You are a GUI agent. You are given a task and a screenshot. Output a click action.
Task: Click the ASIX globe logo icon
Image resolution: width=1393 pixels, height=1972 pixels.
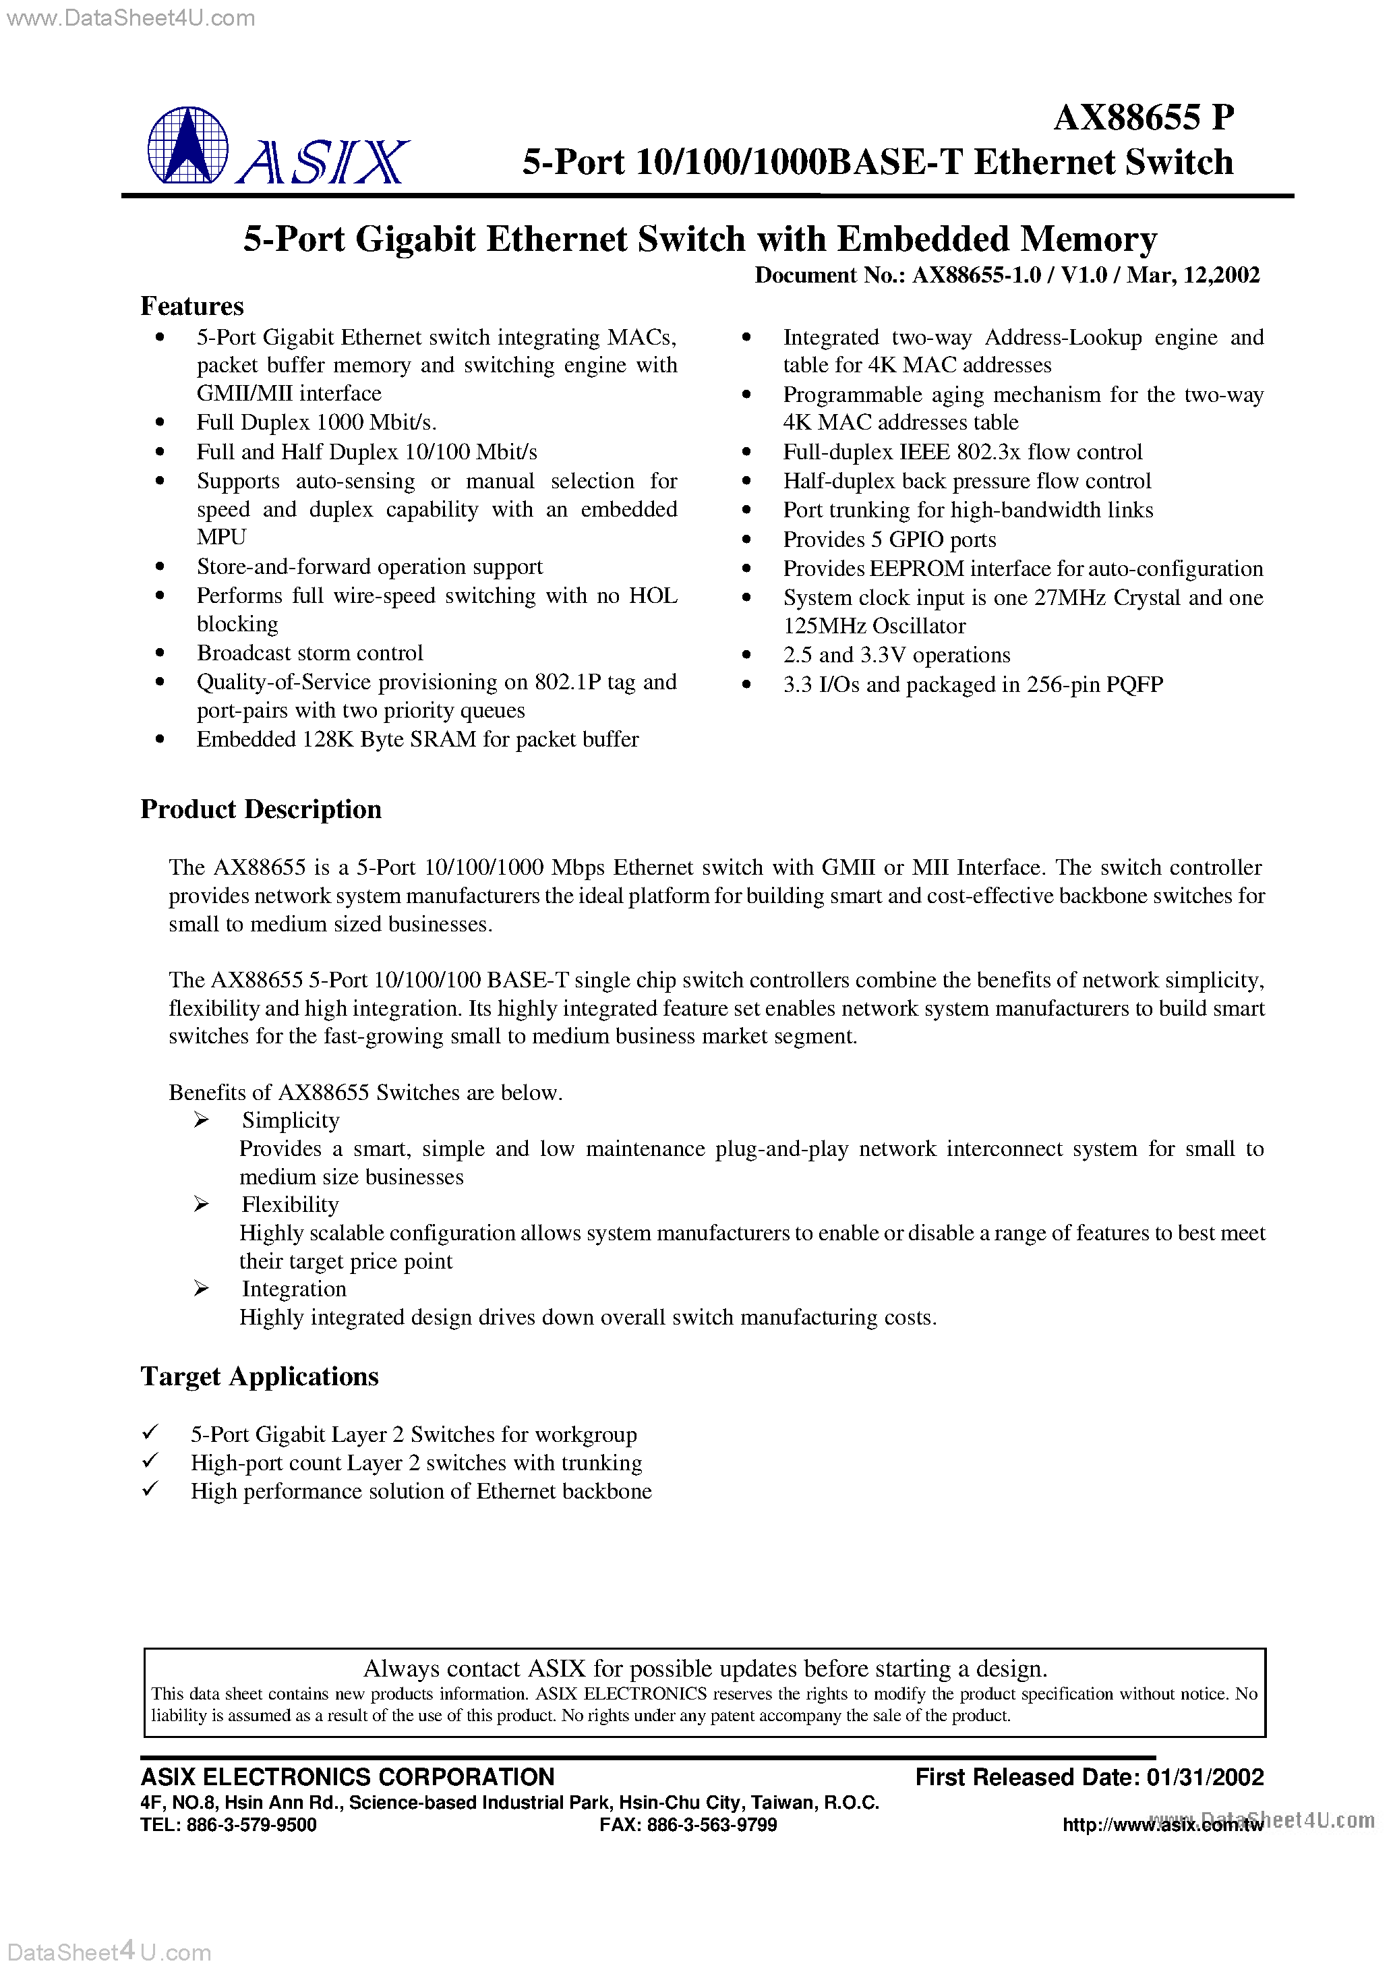[187, 145]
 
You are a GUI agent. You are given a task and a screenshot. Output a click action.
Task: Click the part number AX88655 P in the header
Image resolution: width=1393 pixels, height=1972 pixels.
[1143, 117]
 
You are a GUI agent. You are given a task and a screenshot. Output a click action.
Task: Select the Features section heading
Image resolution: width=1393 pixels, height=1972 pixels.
[191, 307]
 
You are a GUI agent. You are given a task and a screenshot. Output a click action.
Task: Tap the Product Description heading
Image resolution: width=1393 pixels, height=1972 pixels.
[260, 809]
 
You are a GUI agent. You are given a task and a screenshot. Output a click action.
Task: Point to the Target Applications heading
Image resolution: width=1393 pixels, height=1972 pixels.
[260, 1376]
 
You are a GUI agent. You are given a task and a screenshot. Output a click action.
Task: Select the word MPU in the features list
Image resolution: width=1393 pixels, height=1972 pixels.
[222, 537]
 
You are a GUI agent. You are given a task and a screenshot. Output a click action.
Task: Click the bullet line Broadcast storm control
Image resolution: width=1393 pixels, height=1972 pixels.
[309, 653]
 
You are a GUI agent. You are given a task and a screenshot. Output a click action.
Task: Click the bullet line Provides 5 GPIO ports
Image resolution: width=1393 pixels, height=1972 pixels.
[889, 540]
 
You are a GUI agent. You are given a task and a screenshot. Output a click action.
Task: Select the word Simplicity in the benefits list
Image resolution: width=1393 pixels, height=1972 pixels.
[291, 1120]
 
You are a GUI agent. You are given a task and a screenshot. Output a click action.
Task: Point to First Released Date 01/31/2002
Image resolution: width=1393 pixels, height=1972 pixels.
[1089, 1777]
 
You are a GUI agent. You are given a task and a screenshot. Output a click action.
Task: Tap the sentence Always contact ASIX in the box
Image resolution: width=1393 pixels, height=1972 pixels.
[704, 1668]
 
